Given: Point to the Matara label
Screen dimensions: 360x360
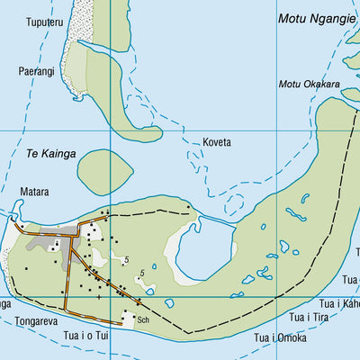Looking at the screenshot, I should (34, 192).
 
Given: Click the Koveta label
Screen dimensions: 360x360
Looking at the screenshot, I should (217, 142).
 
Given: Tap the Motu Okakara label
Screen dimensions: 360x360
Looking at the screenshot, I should (309, 85).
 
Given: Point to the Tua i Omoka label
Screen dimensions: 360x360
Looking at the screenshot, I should (279, 338).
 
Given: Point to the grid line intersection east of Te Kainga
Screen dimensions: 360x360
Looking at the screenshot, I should (110, 131).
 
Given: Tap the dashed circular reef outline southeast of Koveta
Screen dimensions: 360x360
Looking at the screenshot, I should (236, 202).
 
